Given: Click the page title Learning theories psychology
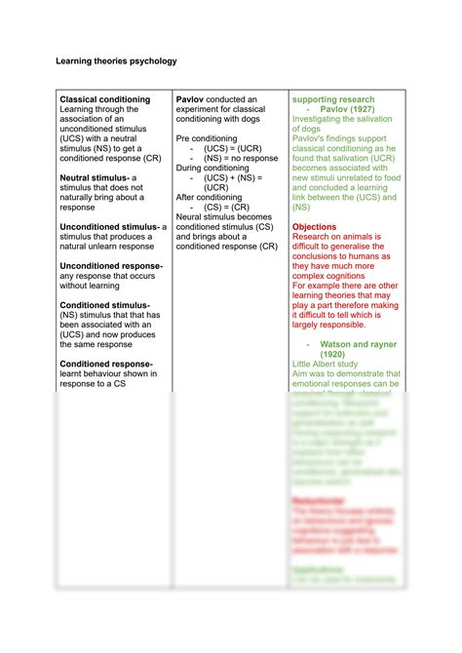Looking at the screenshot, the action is point(115,60).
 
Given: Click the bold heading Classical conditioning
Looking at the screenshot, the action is point(105,99).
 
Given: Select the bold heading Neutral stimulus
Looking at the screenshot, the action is point(96,177).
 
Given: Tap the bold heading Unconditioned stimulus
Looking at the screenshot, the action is point(109,226).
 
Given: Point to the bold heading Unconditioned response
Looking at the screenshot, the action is point(111,265).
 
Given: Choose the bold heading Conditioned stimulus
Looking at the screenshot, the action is point(104,304).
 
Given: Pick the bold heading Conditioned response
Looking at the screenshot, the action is point(106,364).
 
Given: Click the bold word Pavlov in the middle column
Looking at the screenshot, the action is point(190,99).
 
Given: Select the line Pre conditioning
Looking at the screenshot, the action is point(206,139).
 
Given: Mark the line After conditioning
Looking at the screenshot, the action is point(209,197).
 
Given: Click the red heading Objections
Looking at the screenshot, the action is point(315,226).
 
